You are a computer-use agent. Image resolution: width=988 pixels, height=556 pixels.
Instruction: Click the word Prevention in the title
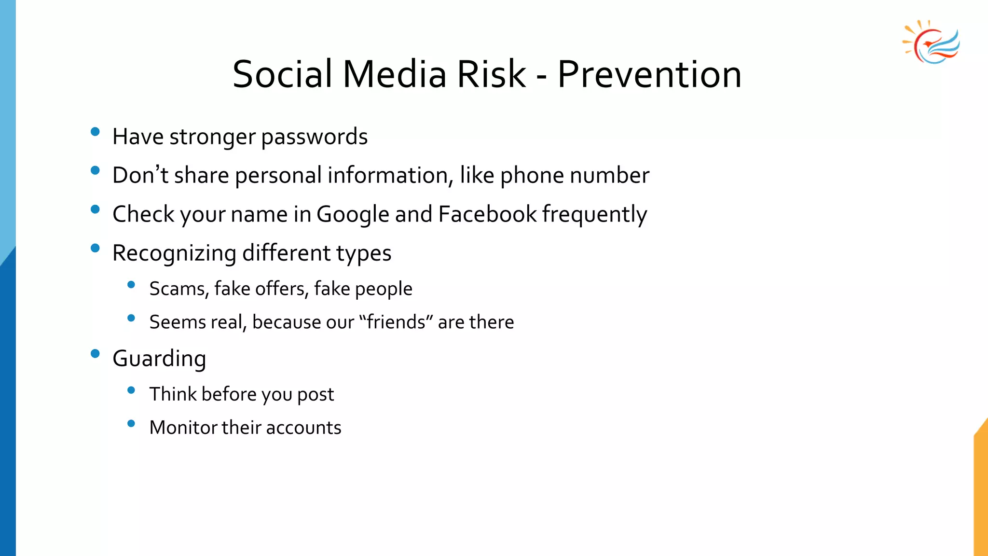pyautogui.click(x=649, y=75)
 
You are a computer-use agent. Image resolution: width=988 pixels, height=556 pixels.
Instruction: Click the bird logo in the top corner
pyautogui.click(x=932, y=42)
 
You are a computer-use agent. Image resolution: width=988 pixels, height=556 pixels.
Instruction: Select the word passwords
pyautogui.click(x=314, y=137)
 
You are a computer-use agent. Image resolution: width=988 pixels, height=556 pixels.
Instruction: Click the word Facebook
pyautogui.click(x=487, y=214)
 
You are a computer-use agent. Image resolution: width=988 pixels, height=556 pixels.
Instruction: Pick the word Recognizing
pyautogui.click(x=174, y=253)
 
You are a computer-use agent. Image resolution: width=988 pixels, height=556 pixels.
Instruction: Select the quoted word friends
pyautogui.click(x=396, y=322)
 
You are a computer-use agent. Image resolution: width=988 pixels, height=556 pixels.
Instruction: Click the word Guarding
pyautogui.click(x=159, y=359)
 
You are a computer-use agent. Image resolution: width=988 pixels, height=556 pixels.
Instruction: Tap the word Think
pyautogui.click(x=173, y=394)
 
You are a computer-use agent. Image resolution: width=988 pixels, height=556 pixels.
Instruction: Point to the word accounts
pyautogui.click(x=303, y=428)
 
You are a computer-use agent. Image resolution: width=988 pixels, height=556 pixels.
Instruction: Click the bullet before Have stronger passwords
pyautogui.click(x=95, y=131)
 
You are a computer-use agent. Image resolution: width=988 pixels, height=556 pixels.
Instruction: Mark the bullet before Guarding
pyautogui.click(x=95, y=354)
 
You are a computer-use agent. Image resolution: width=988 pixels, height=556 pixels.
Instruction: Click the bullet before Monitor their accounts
pyautogui.click(x=131, y=424)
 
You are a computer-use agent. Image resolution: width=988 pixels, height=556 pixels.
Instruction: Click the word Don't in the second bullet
pyautogui.click(x=140, y=175)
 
